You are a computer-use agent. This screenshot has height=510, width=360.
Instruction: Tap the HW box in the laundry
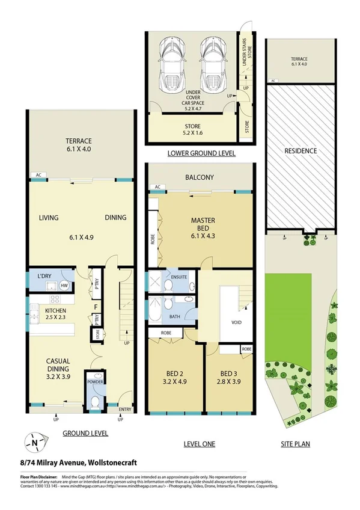pos(63,286)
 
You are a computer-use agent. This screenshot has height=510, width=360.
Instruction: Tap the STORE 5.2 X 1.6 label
pos(189,129)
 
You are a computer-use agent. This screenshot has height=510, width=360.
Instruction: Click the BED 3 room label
pos(229,376)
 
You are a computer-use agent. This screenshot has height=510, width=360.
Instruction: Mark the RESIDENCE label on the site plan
pos(300,151)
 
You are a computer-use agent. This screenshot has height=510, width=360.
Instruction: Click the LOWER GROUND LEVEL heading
pos(201,154)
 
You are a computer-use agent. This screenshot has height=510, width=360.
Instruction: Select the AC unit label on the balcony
pos(157,187)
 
